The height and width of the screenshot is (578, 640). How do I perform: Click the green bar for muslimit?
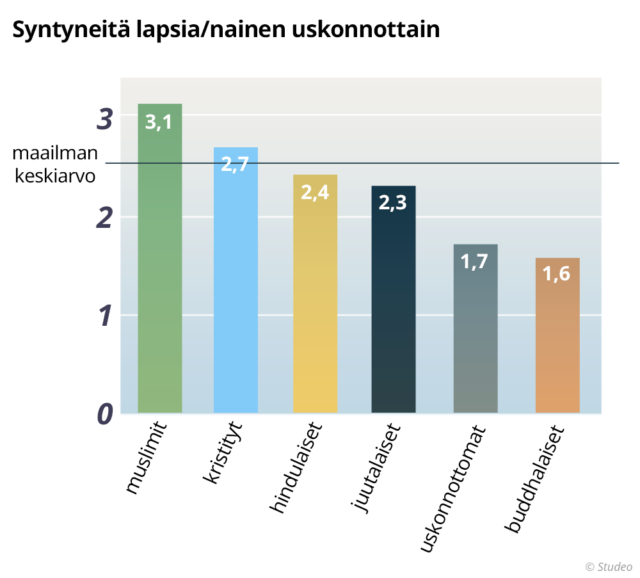pyautogui.click(x=159, y=258)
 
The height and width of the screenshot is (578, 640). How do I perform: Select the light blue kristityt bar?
pyautogui.click(x=236, y=280)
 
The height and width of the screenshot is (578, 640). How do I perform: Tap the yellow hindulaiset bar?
pyautogui.click(x=315, y=294)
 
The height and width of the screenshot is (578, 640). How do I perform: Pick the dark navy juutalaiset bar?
pyautogui.click(x=394, y=299)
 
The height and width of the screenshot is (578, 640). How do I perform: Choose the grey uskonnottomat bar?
pyautogui.click(x=476, y=328)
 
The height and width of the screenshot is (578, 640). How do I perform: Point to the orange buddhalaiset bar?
pyautogui.click(x=557, y=335)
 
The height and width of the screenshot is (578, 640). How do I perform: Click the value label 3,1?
pyautogui.click(x=158, y=122)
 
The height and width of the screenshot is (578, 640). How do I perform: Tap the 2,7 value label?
pyautogui.click(x=235, y=164)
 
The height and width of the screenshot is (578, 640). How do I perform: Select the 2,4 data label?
pyautogui.click(x=315, y=192)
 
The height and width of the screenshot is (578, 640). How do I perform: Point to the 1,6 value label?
pyautogui.click(x=556, y=273)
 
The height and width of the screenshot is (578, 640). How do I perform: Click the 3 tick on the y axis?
pyautogui.click(x=105, y=119)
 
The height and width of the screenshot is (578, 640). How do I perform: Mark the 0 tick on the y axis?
pyautogui.click(x=105, y=414)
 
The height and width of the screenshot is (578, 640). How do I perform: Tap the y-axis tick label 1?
pyautogui.click(x=106, y=316)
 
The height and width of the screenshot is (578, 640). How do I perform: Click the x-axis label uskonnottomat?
pyautogui.click(x=453, y=489)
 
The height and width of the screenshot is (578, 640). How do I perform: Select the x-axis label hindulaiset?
pyautogui.click(x=296, y=468)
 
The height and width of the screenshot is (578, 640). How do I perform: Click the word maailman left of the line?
pyautogui.click(x=55, y=153)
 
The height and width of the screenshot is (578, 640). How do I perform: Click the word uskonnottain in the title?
pyautogui.click(x=365, y=29)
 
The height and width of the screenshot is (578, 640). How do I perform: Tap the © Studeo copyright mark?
pyautogui.click(x=609, y=566)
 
